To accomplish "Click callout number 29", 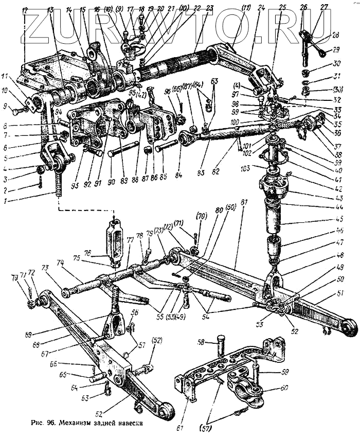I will click(337, 49).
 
